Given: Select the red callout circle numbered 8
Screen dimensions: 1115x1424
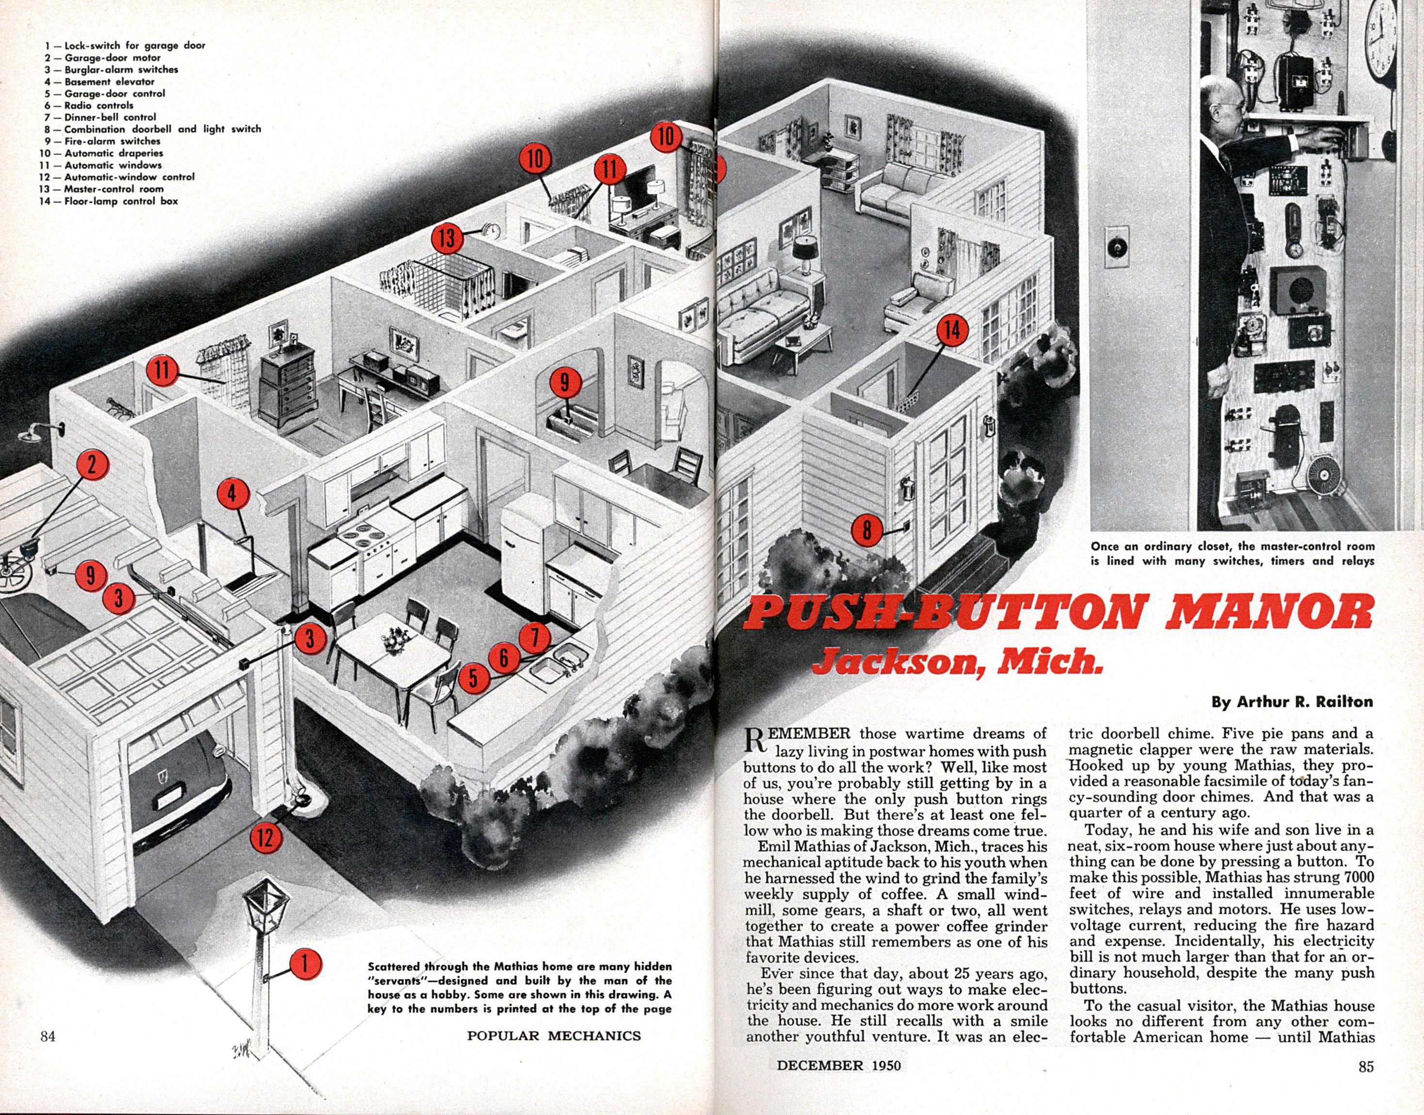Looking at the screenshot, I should pyautogui.click(x=866, y=529).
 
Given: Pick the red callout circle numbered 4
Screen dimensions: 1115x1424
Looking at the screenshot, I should pyautogui.click(x=232, y=494).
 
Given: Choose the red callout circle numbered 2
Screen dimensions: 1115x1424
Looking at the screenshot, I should pyautogui.click(x=92, y=465).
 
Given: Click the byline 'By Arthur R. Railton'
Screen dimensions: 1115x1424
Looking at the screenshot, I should pyautogui.click(x=1292, y=702).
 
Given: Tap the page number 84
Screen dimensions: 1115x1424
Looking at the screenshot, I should pyautogui.click(x=48, y=1035).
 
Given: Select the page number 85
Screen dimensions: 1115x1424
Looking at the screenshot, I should pyautogui.click(x=1366, y=1066).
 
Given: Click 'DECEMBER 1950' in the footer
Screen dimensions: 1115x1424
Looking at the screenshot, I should pyautogui.click(x=838, y=1066).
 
